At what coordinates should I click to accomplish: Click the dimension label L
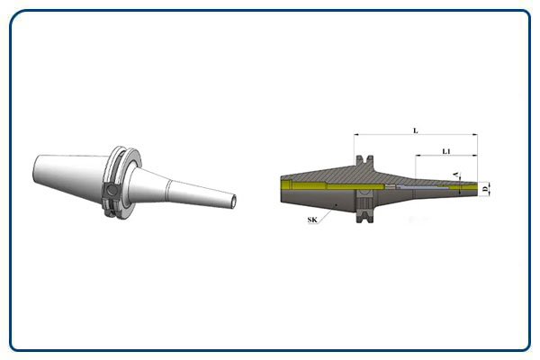pyautogui.click(x=415, y=130)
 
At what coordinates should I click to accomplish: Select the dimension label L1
pyautogui.click(x=446, y=151)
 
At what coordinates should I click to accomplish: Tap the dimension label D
pyautogui.click(x=485, y=188)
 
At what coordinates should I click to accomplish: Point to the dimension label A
pyautogui.click(x=456, y=175)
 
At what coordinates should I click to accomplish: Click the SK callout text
pyautogui.click(x=312, y=220)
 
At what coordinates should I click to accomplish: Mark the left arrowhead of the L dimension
pyautogui.click(x=356, y=134)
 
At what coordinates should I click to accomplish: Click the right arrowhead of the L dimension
pyautogui.click(x=475, y=134)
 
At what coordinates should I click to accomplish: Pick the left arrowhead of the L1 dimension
pyautogui.click(x=418, y=156)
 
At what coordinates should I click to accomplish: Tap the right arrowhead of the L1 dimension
pyautogui.click(x=475, y=156)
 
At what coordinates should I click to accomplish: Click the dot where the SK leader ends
pyautogui.click(x=337, y=204)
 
